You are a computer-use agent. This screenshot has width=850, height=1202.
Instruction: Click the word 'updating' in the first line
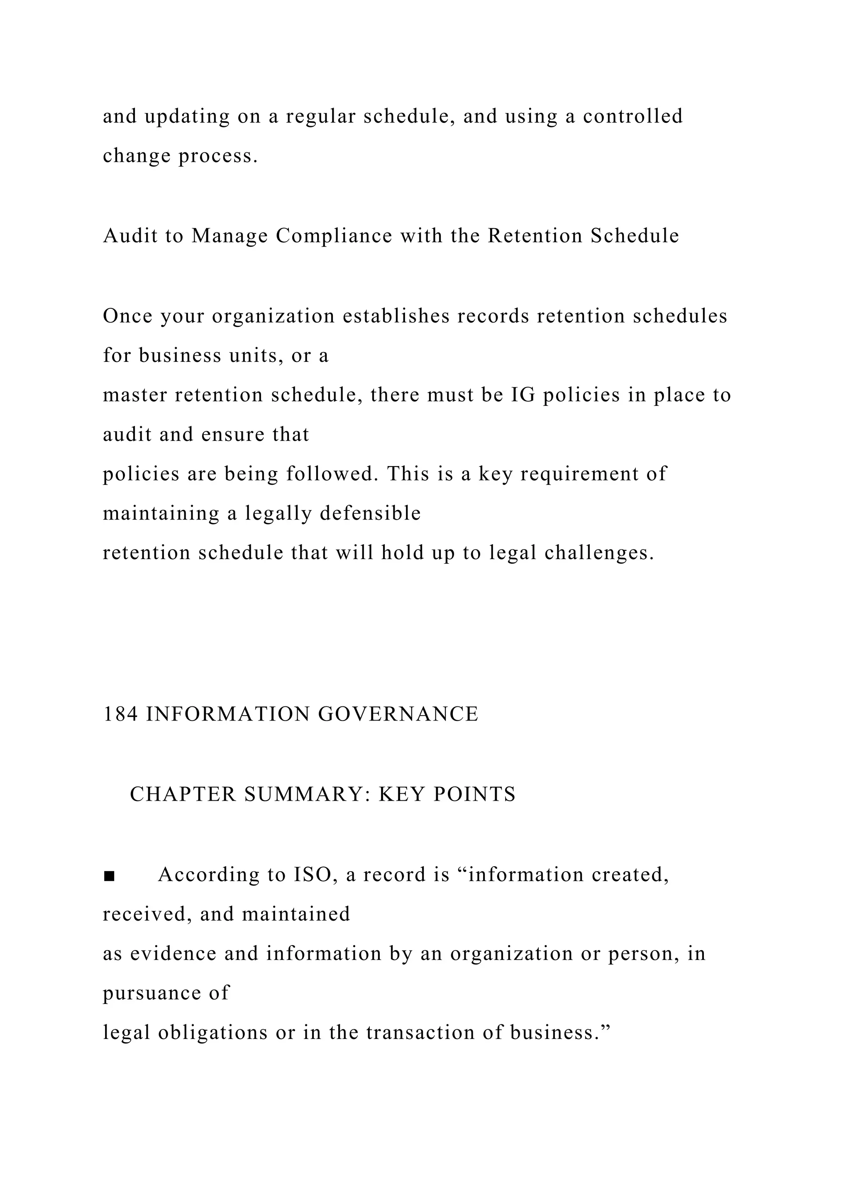187,117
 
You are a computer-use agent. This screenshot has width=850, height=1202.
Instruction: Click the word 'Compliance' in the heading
334,236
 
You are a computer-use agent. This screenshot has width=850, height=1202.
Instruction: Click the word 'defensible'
370,513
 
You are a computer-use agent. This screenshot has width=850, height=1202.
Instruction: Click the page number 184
120,714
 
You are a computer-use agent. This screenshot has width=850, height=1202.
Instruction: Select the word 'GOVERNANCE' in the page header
398,714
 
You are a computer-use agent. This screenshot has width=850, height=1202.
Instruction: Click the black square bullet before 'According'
109,876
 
